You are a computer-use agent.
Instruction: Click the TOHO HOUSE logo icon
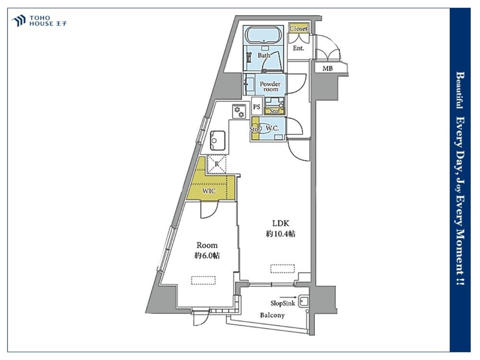coord(18,21)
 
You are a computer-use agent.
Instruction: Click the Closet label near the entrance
coord(298,28)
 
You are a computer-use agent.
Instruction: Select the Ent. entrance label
coord(298,48)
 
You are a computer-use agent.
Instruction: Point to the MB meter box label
coord(327,69)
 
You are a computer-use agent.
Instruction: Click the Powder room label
coord(270,86)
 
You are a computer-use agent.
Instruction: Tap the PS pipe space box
coord(256,107)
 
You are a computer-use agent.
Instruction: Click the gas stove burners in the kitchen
coord(239,111)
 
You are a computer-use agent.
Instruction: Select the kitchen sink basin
coord(217,141)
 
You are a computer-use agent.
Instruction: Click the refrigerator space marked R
coord(217,164)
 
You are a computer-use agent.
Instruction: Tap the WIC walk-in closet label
coord(209,192)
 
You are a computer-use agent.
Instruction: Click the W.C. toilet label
coord(272,128)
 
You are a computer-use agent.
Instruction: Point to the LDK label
coord(281,224)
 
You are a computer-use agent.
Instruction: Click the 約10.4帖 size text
coord(281,234)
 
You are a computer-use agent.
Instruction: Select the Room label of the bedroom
coord(207,245)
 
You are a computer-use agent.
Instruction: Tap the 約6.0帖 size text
coord(207,256)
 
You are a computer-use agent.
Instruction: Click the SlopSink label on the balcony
coord(283,303)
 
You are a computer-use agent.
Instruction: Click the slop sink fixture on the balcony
coord(304,302)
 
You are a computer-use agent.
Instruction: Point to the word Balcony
coord(272,315)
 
